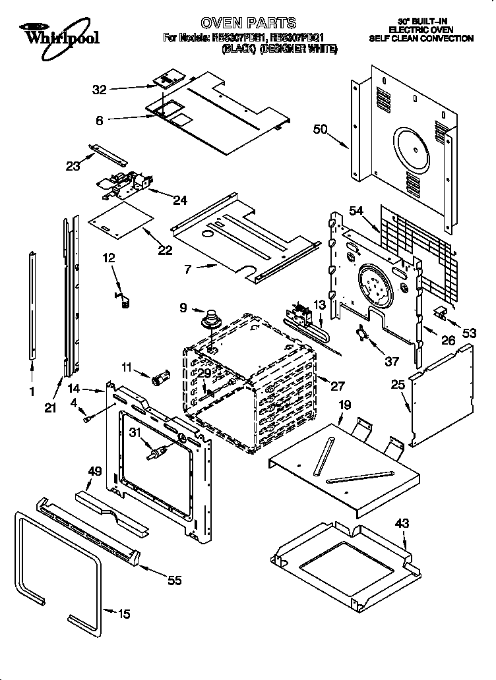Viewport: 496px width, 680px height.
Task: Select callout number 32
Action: click(x=99, y=90)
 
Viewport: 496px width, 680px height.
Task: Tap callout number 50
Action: click(x=320, y=130)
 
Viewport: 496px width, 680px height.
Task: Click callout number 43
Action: click(x=402, y=524)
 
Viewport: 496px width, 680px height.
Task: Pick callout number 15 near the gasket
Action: click(x=123, y=614)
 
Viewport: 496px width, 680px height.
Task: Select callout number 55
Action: click(x=174, y=580)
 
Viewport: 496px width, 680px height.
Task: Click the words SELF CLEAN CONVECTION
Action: click(x=421, y=39)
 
